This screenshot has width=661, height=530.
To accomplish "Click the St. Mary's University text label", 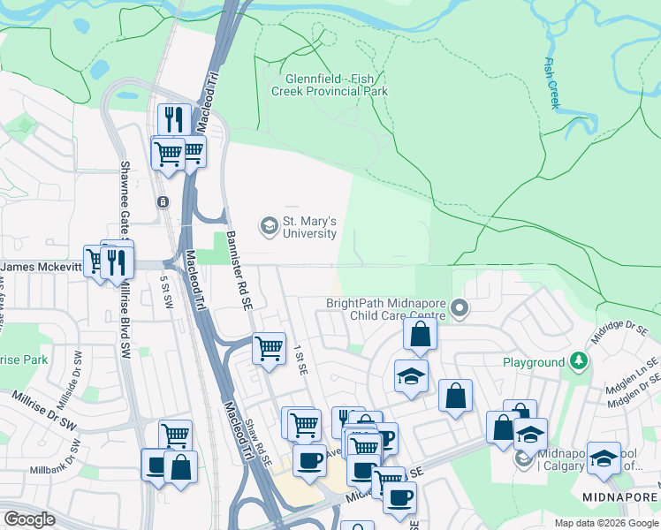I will pyautogui.click(x=308, y=227).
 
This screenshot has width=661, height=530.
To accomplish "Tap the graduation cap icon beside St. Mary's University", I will pyautogui.click(x=268, y=227).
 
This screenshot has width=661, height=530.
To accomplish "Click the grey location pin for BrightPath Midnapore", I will pyautogui.click(x=459, y=308).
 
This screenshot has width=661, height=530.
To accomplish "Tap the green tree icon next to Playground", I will pyautogui.click(x=579, y=360).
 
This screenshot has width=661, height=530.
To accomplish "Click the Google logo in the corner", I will pyautogui.click(x=29, y=519).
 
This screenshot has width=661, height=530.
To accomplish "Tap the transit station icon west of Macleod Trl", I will pyautogui.click(x=163, y=201).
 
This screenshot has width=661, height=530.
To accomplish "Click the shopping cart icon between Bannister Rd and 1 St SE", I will pyautogui.click(x=269, y=347).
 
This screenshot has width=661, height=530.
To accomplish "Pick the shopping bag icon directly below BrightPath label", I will pyautogui.click(x=421, y=334).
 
